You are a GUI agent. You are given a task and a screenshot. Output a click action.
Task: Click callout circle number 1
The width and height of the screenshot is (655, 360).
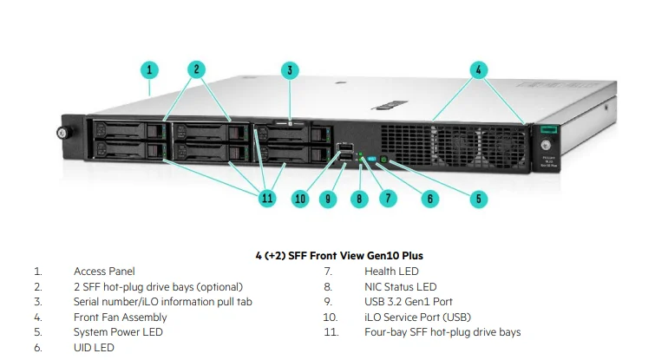[x=149, y=69]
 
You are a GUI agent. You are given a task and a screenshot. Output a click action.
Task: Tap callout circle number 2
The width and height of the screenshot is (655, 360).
[x=197, y=69]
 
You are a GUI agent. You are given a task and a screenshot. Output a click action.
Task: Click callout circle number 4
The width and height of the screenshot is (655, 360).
[x=479, y=69]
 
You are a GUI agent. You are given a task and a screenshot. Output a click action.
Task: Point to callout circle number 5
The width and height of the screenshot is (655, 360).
[x=479, y=199]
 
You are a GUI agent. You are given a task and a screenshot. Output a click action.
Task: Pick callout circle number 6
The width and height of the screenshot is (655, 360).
[x=429, y=199]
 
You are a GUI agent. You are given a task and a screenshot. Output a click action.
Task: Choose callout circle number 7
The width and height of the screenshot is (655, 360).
[x=388, y=199]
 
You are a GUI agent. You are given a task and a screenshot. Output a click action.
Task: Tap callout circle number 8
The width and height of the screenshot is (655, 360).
[x=360, y=199]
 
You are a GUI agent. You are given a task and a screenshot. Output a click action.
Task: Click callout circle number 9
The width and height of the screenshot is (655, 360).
[x=327, y=199]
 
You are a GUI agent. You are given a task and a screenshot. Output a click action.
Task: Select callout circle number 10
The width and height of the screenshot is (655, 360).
[x=300, y=199]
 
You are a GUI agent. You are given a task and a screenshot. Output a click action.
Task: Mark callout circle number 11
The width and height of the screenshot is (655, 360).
[x=267, y=199]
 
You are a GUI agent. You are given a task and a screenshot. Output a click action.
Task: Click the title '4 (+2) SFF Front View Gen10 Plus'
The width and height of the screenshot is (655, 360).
[x=326, y=256]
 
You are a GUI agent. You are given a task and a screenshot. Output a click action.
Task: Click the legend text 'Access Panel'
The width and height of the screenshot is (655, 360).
[x=104, y=272]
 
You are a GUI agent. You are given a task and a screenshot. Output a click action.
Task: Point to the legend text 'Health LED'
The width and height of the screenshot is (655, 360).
[x=392, y=272]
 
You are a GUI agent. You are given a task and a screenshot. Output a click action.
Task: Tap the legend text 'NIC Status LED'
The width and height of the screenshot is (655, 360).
[x=401, y=286]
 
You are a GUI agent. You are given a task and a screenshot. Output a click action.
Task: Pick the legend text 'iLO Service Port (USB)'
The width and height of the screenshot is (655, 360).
[x=417, y=317]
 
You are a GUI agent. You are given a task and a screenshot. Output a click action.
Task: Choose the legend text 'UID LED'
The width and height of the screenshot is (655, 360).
[x=94, y=347]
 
